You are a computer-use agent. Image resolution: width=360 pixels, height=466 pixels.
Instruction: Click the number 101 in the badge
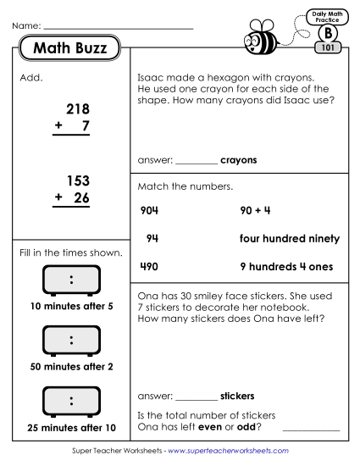tap(327, 48)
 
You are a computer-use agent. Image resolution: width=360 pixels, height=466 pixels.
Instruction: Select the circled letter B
tap(327, 32)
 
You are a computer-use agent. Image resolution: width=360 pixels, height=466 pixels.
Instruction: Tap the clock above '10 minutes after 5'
tap(71, 280)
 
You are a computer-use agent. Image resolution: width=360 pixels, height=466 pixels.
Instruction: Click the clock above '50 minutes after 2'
tap(71, 341)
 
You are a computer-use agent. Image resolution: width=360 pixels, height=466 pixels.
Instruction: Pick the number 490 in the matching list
tap(148, 266)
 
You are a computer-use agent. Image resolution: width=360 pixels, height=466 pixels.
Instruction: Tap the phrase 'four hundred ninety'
tap(290, 238)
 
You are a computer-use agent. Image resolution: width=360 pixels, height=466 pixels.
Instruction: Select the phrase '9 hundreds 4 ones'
tap(286, 266)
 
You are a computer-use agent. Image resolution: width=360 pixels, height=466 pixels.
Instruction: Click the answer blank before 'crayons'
tap(197, 160)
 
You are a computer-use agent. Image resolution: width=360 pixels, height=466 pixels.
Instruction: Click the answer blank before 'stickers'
tap(197, 396)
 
